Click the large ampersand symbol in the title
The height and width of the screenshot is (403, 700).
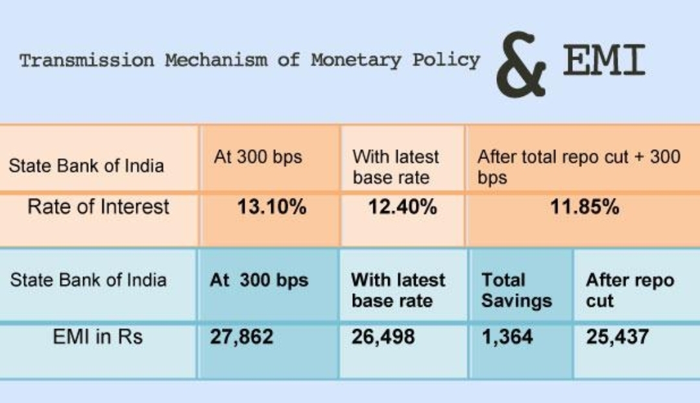tap(520, 64)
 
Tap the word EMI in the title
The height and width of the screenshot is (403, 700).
tap(604, 60)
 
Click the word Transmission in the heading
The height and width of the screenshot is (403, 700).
tap(86, 60)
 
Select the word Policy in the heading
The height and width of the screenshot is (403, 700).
tap(446, 60)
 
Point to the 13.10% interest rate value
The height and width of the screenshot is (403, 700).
tap(272, 207)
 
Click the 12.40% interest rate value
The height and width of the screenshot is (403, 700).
tap(402, 207)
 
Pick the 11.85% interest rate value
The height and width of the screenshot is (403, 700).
tap(585, 207)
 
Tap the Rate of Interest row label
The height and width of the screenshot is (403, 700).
tap(98, 207)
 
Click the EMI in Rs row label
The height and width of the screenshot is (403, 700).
tap(98, 336)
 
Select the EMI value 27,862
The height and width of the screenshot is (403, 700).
tap(241, 337)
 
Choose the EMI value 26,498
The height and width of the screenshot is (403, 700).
tap(383, 337)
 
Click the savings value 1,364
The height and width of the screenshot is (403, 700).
tap(507, 337)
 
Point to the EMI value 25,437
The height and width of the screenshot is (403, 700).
tap(618, 337)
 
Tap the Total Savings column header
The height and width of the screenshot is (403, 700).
tap(516, 291)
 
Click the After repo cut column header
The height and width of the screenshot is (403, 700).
tap(630, 291)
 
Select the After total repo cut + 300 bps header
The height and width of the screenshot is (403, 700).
tap(579, 167)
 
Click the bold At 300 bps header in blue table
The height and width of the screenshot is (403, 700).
tap(259, 280)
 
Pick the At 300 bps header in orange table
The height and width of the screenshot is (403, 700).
tap(258, 157)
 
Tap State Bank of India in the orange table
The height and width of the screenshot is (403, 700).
tap(86, 165)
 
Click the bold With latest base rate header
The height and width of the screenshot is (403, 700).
tap(398, 291)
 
